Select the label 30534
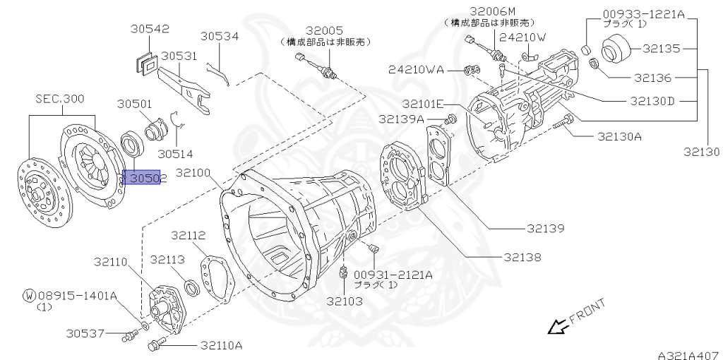point(219,36)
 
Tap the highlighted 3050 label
point(143,179)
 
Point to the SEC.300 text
point(59,100)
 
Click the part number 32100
point(195,172)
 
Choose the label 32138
point(522,258)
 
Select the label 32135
point(661,49)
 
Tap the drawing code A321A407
point(687,349)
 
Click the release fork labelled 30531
point(182,89)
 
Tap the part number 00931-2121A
point(393,274)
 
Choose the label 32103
point(344,301)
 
